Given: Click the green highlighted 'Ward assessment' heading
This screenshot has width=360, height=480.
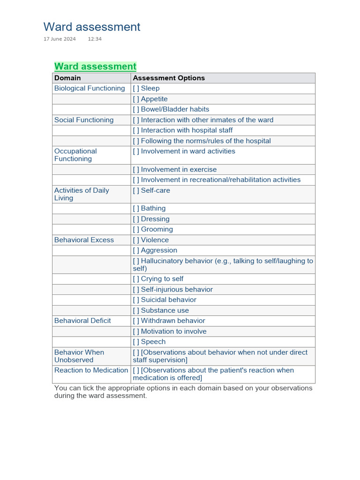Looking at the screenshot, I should coord(95,66).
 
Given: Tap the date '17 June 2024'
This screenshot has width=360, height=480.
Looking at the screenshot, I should coord(60,39).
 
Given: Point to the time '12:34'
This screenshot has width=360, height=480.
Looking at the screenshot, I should coord(95,39).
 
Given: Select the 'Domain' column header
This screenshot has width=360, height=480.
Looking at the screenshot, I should coord(67,78).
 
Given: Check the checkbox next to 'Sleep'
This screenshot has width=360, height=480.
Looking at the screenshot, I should coord(136,88).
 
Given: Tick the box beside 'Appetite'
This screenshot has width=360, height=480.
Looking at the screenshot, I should coord(136,99).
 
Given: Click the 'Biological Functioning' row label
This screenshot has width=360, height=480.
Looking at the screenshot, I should coord(90,88).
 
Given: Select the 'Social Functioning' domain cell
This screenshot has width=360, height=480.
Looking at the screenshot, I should coord(84,120).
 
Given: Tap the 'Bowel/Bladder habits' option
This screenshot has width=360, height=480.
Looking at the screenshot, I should coord(175,109).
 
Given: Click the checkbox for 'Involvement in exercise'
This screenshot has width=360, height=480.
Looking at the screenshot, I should coord(136,169).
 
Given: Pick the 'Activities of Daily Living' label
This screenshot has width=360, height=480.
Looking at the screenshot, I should coord(82,194).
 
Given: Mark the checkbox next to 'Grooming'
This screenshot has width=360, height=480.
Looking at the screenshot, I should coord(136,229).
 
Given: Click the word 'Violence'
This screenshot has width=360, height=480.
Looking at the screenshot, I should coord(155,240).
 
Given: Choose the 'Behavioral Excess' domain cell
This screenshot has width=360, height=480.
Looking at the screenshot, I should coord(84,240).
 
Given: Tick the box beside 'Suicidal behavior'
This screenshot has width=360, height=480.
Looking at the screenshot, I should coord(136,300).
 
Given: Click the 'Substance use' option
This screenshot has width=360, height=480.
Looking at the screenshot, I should coord(165,310).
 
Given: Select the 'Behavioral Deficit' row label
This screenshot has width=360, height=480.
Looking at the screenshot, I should coord(82,321).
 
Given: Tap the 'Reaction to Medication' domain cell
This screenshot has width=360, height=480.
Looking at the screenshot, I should coord(91,370).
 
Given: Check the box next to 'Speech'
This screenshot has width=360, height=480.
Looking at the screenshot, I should coord(136,342).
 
